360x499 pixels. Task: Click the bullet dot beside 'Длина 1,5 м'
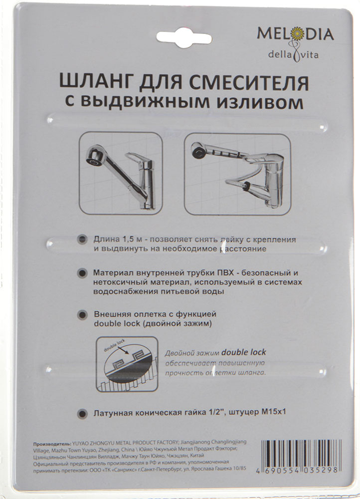tap(82, 240)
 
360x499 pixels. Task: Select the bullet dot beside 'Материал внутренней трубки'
tap(82, 273)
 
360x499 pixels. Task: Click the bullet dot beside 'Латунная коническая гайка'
tap(82, 413)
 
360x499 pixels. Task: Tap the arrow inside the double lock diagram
tap(123, 351)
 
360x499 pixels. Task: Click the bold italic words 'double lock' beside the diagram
tap(244, 352)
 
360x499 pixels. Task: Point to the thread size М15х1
tap(274, 412)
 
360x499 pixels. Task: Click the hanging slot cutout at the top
tap(184, 37)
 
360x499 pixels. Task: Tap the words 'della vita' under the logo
tap(293, 55)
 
